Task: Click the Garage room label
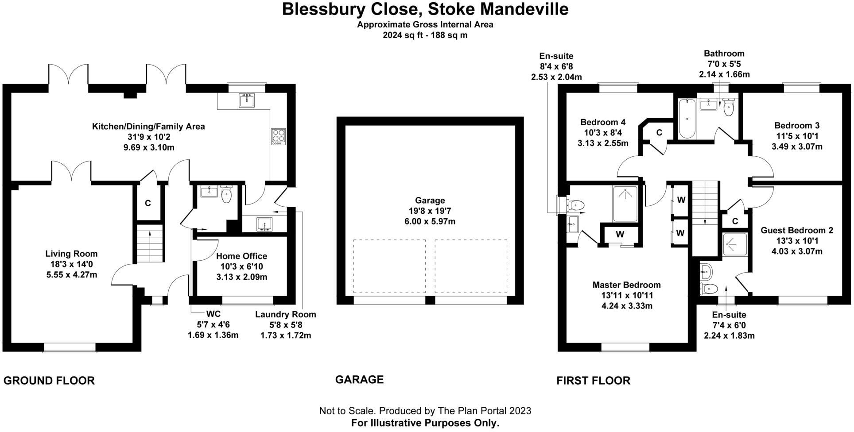pos(429,201)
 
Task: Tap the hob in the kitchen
pos(278,136)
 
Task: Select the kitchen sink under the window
pos(246,100)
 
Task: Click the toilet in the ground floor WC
pos(226,195)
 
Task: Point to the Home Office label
pos(241,256)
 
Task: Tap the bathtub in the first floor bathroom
pos(686,118)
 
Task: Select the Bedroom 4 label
pos(602,123)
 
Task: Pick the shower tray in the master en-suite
pos(625,204)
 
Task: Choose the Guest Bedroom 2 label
pos(796,231)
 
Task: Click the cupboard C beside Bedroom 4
pos(659,132)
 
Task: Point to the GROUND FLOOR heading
pos(49,381)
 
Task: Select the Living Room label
pos(71,254)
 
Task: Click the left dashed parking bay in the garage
pos(389,266)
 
